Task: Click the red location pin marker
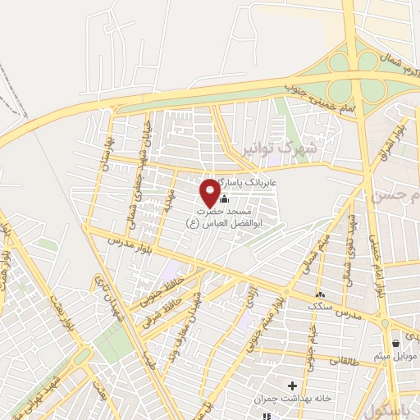(x=210, y=192)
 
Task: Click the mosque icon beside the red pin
(x=224, y=198)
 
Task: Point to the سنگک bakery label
(x=320, y=306)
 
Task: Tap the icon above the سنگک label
(x=320, y=294)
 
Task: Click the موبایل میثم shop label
(x=396, y=356)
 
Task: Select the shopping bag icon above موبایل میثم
(x=396, y=343)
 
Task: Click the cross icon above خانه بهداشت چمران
(x=293, y=384)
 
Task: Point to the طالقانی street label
(x=345, y=358)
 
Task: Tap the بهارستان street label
(x=105, y=153)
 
